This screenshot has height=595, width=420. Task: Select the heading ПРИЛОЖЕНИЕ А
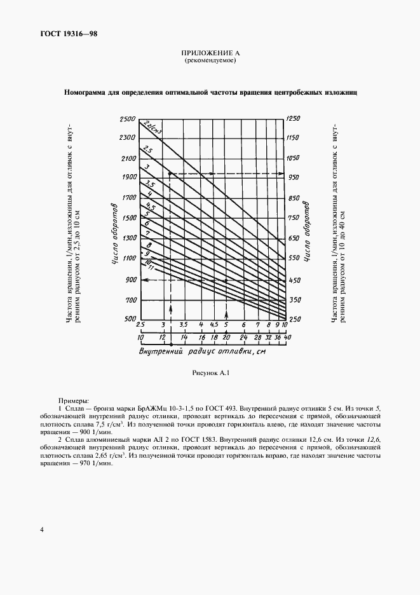coord(210,53)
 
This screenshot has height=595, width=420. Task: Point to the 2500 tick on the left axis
coord(128,119)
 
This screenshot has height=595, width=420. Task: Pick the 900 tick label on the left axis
coord(130,280)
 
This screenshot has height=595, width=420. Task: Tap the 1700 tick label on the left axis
coord(129,198)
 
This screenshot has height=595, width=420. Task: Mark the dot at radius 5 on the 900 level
coord(226,280)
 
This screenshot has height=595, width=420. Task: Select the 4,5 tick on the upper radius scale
coord(213,325)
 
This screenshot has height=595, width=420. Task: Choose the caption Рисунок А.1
coord(210,373)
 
